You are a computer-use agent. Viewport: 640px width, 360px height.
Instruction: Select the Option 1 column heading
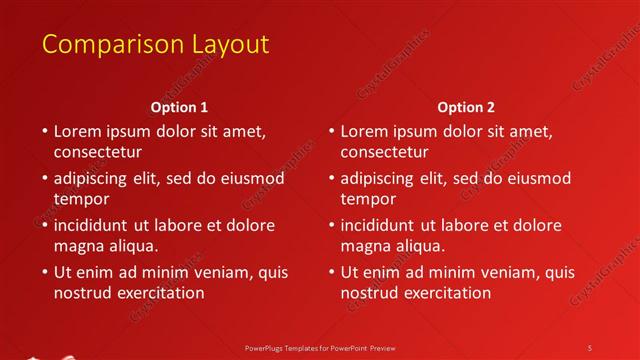pos(180,107)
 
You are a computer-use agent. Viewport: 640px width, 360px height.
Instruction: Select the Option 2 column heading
pos(466,107)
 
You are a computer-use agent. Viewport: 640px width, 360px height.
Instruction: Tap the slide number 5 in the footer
pos(590,347)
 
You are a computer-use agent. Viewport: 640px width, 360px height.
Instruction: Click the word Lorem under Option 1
pos(79,131)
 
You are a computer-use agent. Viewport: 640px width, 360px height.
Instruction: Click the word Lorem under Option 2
pos(366,131)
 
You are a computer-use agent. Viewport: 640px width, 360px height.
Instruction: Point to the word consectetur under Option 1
pos(98,153)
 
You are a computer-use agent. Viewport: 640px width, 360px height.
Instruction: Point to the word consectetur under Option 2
pos(385,153)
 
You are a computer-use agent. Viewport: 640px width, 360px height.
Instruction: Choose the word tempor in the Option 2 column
pos(367,199)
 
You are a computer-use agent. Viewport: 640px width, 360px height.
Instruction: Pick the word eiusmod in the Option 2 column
pos(538,178)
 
